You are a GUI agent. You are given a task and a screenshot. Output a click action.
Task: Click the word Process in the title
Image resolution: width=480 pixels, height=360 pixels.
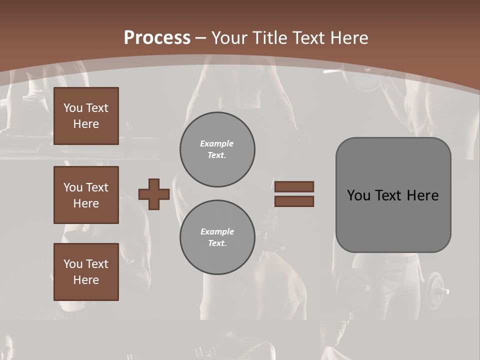(157, 38)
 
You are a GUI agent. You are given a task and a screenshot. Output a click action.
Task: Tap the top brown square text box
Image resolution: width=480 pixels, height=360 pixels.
(86, 116)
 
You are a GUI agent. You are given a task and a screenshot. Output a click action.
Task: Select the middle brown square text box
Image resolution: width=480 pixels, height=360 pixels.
(86, 195)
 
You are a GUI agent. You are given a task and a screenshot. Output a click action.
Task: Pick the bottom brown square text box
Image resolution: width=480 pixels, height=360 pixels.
(86, 272)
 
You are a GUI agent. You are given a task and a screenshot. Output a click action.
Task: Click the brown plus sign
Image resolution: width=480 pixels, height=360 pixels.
(154, 194)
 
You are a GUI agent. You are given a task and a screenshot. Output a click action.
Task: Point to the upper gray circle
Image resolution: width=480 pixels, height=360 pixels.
(217, 149)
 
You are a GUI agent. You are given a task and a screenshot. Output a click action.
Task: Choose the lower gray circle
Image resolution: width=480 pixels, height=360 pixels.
(217, 237)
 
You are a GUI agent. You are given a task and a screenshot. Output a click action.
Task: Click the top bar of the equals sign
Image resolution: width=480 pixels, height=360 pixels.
(294, 186)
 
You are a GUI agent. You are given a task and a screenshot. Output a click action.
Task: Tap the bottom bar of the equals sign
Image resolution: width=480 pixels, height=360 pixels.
(294, 201)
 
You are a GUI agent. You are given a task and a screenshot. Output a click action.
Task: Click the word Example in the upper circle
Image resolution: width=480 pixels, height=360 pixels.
(216, 143)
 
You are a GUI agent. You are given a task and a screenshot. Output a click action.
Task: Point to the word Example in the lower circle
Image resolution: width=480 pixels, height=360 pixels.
(217, 231)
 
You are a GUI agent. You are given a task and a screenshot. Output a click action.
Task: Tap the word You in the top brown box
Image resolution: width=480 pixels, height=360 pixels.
(73, 108)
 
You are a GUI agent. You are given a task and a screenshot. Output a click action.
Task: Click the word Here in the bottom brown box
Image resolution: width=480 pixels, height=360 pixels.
(86, 280)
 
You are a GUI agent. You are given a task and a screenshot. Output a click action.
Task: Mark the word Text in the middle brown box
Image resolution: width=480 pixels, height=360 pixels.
(96, 187)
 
